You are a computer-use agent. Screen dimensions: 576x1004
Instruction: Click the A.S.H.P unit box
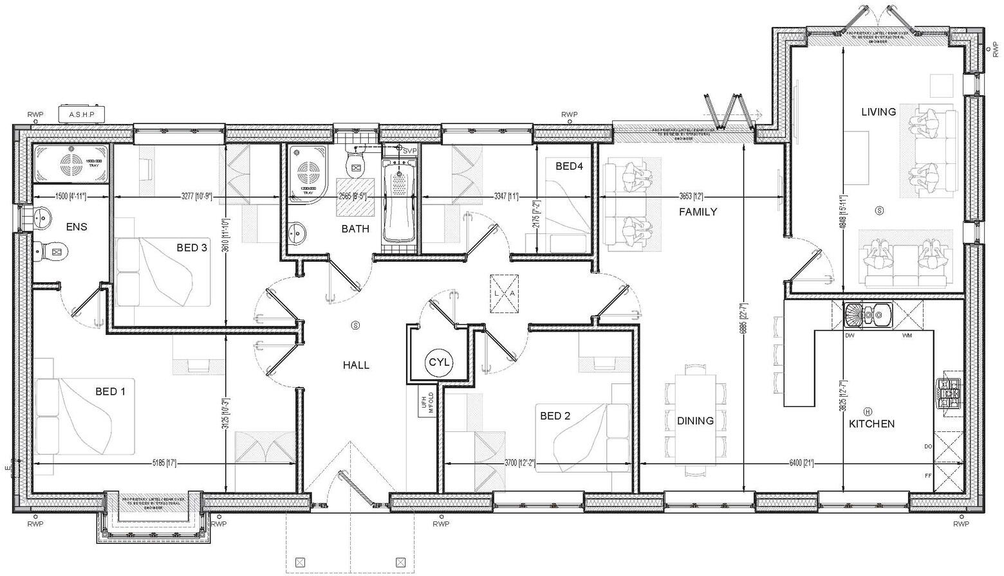[x=82, y=114]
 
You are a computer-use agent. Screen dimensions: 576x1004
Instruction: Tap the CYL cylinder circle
[x=440, y=363]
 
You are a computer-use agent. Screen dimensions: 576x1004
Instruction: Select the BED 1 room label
[x=110, y=392]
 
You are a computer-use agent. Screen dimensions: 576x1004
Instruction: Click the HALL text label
[x=356, y=365]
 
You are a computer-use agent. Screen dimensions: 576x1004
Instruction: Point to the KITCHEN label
[x=871, y=424]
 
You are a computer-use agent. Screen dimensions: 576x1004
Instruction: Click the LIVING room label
[x=879, y=112]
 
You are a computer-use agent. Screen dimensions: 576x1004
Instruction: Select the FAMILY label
[x=698, y=212]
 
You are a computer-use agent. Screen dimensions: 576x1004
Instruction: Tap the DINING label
[x=695, y=421]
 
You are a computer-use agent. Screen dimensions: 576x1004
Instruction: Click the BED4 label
[x=569, y=166]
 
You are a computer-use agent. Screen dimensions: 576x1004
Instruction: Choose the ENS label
[x=77, y=227]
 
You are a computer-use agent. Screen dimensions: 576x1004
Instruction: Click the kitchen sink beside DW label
[x=868, y=315]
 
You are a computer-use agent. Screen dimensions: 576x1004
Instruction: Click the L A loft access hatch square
[x=504, y=294]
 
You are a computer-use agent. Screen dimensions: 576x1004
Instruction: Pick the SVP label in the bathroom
[x=410, y=150]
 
